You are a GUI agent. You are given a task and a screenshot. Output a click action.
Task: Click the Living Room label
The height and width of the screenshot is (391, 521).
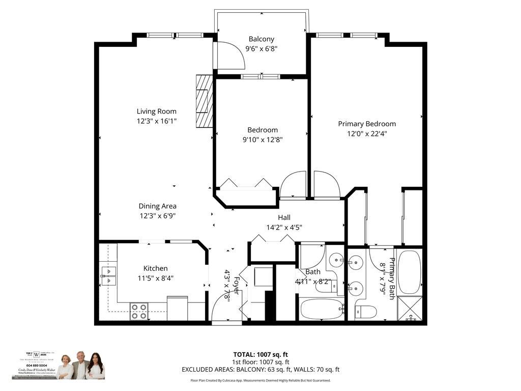pyautogui.click(x=156, y=111)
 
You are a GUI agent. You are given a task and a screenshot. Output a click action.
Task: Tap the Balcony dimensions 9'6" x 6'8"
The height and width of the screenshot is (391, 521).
pyautogui.click(x=261, y=49)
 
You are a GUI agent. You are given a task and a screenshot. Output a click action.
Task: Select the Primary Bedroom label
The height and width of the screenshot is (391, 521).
pyautogui.click(x=367, y=124)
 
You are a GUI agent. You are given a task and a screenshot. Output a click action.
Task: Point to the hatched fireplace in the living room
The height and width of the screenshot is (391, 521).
pyautogui.click(x=204, y=101)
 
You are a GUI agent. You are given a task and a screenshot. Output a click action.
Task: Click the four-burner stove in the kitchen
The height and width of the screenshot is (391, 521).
pyautogui.click(x=139, y=311)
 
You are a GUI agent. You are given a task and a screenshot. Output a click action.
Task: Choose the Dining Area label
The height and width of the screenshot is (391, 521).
pyautogui.click(x=157, y=206)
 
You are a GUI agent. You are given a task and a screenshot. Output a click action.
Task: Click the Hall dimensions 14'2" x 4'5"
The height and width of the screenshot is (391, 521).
pyautogui.click(x=284, y=228)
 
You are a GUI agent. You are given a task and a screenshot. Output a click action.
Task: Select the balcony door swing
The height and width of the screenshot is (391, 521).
pyautogui.click(x=230, y=55)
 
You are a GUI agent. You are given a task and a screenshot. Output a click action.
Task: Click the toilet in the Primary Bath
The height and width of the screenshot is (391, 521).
pyautogui.click(x=366, y=312)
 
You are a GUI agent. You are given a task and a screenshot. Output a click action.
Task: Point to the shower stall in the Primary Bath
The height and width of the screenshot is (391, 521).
pyautogui.click(x=410, y=309)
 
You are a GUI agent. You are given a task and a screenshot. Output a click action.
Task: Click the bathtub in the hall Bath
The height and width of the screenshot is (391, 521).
pyautogui.click(x=321, y=309)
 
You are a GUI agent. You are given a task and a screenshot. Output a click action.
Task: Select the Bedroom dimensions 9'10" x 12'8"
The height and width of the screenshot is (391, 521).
pyautogui.click(x=263, y=139)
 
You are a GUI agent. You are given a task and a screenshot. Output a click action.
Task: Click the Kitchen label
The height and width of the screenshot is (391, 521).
pyautogui.click(x=155, y=268)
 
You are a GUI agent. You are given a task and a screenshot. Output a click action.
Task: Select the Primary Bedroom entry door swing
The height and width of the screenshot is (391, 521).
pyautogui.click(x=326, y=184)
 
